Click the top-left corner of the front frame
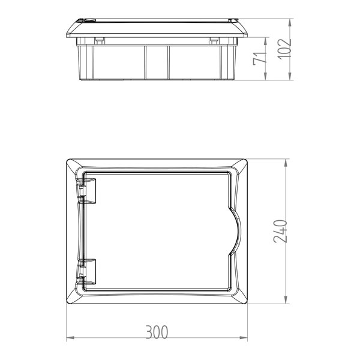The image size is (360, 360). click(x=67, y=160)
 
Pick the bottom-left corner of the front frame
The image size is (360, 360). click(x=67, y=304)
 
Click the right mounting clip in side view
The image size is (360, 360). click(x=213, y=40)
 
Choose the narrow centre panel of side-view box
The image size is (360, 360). click(x=157, y=60)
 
